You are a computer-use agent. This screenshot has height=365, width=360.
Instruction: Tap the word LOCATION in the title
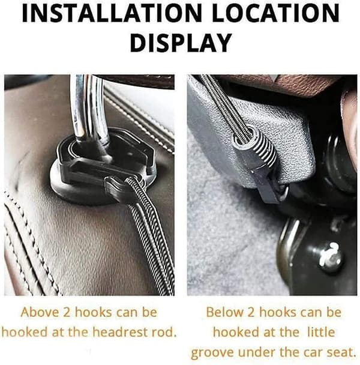point(276,13)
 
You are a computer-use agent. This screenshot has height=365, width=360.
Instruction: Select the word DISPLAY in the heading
point(181,43)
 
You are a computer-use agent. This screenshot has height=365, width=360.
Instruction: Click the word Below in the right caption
point(224,312)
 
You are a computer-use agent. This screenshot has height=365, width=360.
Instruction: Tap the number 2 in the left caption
point(67,312)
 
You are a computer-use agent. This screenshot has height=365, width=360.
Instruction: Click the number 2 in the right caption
point(251,312)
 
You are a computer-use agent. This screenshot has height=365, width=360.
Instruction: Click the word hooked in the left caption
point(24,333)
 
